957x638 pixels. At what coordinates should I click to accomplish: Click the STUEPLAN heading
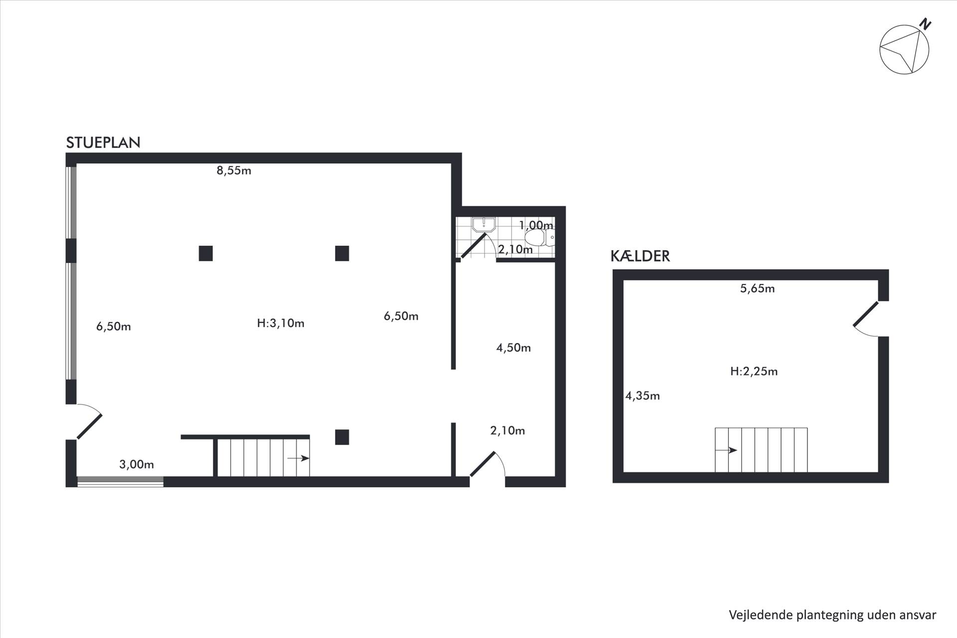(x=103, y=143)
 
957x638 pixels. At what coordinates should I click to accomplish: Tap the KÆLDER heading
(x=640, y=256)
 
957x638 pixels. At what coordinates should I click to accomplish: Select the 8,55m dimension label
(x=234, y=170)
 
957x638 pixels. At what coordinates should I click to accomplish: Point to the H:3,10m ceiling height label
(x=281, y=323)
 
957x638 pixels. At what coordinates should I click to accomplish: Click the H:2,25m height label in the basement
(x=754, y=371)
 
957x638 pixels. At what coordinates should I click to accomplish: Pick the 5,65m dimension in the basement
(x=757, y=289)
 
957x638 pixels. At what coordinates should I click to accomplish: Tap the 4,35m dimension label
(x=642, y=396)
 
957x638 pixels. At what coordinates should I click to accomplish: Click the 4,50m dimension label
(x=513, y=348)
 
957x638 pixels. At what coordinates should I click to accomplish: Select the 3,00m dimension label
(x=137, y=465)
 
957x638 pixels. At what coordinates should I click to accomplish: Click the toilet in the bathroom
(x=539, y=238)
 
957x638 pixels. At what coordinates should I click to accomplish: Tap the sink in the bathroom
(x=483, y=224)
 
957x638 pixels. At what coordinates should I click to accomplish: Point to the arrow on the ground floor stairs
(x=299, y=458)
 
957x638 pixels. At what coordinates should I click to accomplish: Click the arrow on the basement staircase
(x=726, y=450)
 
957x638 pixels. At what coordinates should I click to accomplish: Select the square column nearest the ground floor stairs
(x=342, y=437)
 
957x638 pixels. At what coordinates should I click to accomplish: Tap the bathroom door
(x=474, y=245)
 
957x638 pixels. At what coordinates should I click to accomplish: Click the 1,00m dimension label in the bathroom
(x=536, y=225)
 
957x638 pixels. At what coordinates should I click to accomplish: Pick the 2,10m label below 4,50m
(x=507, y=431)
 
